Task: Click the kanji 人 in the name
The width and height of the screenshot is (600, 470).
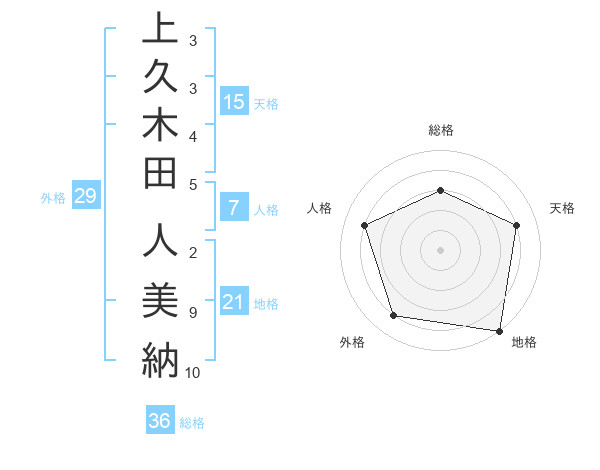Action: pos(160,243)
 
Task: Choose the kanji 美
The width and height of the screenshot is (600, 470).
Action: pos(160,298)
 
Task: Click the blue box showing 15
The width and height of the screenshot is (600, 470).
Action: pos(234,101)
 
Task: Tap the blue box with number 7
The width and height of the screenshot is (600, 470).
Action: pos(234,208)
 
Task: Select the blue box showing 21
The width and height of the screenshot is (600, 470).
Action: pos(234,302)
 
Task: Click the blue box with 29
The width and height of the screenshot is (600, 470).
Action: pos(86,196)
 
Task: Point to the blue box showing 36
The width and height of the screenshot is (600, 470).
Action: pos(160,421)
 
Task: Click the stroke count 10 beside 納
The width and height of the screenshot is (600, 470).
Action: pos(193,373)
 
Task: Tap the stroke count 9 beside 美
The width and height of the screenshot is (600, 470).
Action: pos(192,313)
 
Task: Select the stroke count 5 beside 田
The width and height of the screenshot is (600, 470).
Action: pos(192,184)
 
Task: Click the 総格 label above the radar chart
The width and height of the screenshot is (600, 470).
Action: pos(440,130)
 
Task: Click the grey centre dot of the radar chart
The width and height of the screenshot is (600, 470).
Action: pos(440,249)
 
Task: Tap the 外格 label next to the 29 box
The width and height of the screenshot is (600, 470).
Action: pos(53,198)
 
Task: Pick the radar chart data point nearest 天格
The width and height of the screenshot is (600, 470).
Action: pos(516,225)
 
